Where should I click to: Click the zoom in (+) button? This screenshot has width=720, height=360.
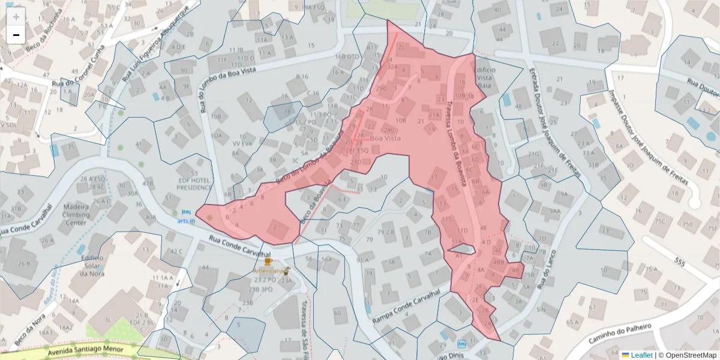pyautogui.click(x=16, y=17)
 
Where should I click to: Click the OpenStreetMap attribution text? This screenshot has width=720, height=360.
pyautogui.click(x=690, y=355)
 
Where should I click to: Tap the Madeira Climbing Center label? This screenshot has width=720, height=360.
pyautogui.click(x=76, y=215)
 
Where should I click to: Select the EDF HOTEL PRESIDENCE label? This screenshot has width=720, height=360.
pyautogui.click(x=194, y=184)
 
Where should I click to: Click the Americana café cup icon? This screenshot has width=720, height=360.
pyautogui.click(x=268, y=262)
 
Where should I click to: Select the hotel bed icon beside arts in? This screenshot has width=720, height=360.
pyautogui.click(x=185, y=212)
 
